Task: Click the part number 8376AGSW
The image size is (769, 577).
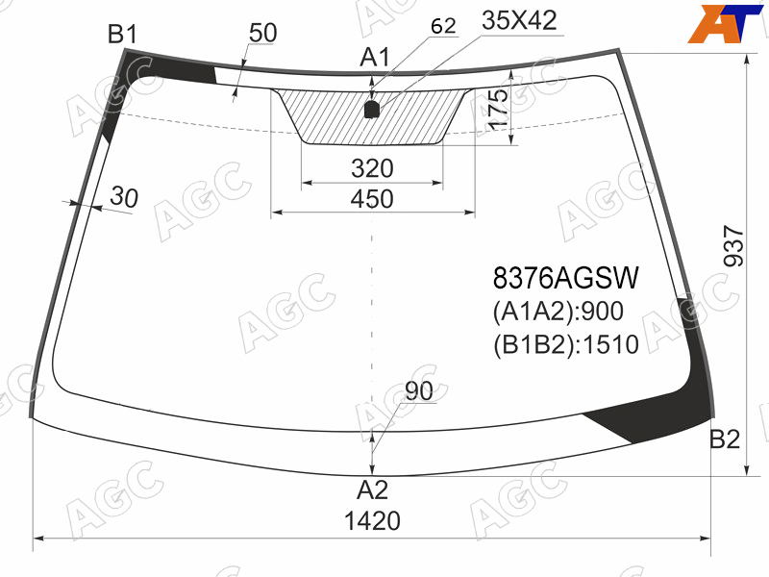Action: [566, 278]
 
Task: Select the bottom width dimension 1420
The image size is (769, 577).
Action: [372, 520]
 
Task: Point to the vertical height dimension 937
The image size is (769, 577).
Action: [734, 246]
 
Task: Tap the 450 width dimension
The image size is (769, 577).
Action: [372, 199]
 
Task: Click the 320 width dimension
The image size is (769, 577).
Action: [372, 168]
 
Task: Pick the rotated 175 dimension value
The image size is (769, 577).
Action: [498, 110]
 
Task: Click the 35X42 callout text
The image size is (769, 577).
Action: [519, 20]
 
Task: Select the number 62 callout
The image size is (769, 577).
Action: [443, 26]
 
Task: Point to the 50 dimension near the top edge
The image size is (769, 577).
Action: [262, 33]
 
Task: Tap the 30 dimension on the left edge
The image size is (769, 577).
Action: [124, 197]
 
